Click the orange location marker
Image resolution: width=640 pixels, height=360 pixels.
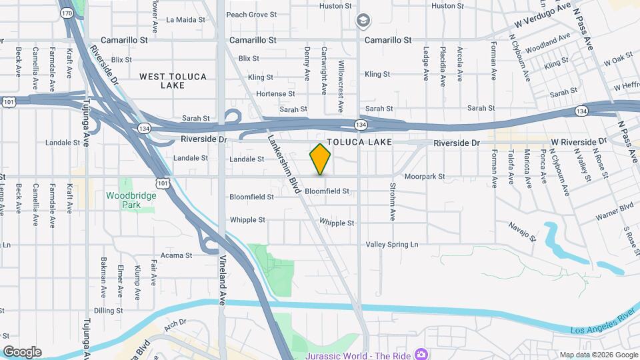coord(321,159)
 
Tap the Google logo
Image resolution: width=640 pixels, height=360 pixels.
coord(22,352)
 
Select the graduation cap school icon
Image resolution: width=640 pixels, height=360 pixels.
coord(362,21)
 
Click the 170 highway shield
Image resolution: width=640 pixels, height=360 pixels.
coord(67,13)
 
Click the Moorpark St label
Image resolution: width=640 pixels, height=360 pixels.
coord(424,177)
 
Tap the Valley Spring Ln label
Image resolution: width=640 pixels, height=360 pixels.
coord(391,245)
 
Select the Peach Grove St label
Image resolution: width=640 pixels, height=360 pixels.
coord(251,14)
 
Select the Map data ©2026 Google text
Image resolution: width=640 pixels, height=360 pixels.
coord(597,354)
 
